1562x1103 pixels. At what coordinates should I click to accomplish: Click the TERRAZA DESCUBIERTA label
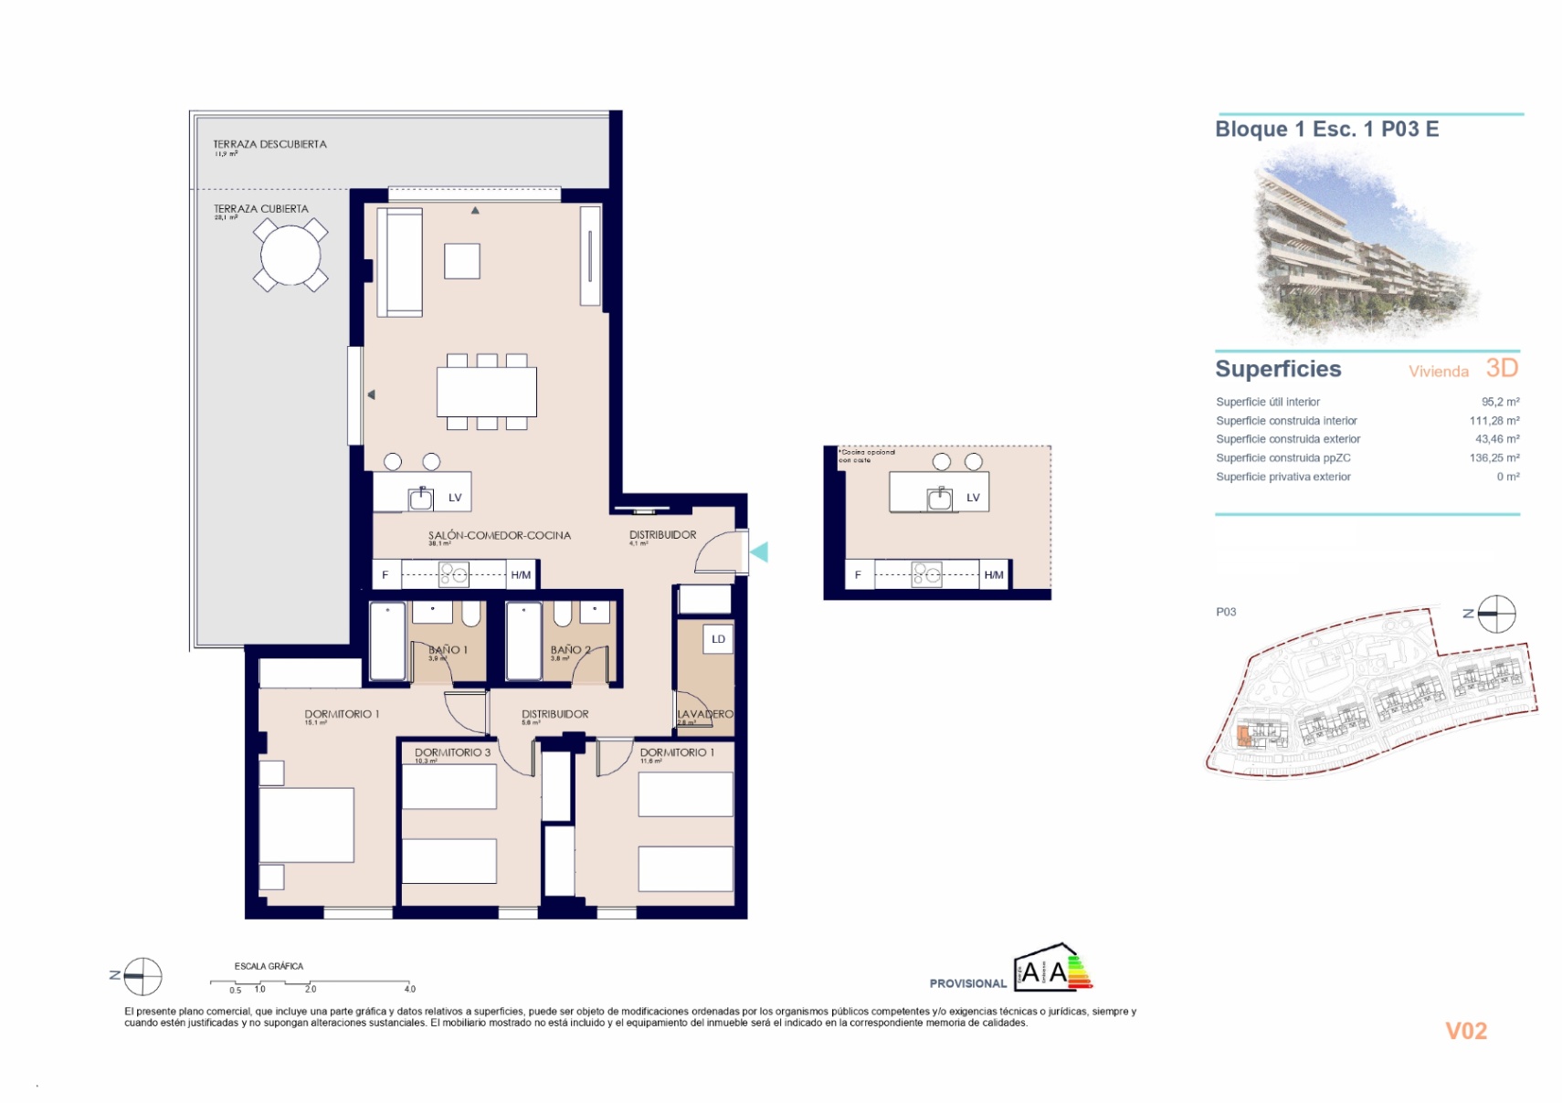pos(269,144)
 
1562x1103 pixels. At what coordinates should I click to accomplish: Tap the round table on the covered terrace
pos(290,255)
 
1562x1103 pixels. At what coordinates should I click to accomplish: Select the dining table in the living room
pos(486,392)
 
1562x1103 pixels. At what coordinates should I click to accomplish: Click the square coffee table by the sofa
pos(462,261)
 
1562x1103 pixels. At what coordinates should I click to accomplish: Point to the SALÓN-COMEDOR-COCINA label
pos(499,536)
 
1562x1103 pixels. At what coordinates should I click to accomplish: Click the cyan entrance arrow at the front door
pos(759,551)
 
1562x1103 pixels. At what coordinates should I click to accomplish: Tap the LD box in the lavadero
pos(718,639)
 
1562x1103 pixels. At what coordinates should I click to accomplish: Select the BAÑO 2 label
pos(570,650)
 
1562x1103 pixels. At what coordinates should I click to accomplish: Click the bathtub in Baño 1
pos(387,641)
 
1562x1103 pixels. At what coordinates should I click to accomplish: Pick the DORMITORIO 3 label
pos(452,752)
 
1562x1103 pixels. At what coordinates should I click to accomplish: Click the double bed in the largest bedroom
pos(306,825)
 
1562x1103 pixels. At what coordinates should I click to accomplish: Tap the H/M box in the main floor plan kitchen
pos(521,575)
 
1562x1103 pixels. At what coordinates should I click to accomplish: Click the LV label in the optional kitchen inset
pos(973,498)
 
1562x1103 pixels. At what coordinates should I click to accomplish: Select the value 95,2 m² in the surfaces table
pos(1500,402)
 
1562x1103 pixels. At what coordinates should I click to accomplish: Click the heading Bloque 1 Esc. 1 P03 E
pos(1326,130)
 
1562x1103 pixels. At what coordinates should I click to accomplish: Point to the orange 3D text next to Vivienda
pos(1502,368)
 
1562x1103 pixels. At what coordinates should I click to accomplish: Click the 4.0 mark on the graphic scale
pos(410,989)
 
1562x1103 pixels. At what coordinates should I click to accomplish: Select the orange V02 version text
pos(1465,1031)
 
